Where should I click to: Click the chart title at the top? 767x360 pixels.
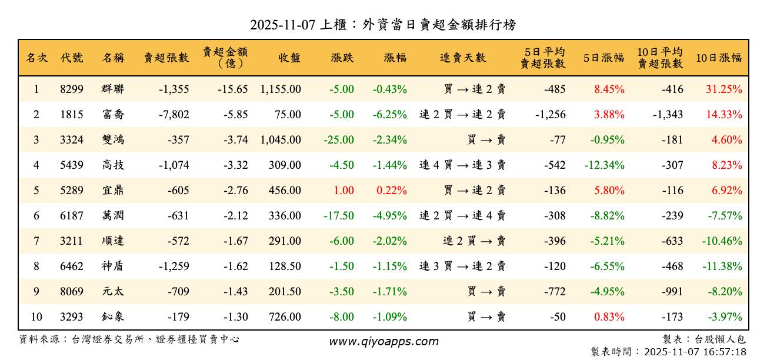click(x=383, y=25)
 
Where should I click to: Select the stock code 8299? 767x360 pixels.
click(x=72, y=89)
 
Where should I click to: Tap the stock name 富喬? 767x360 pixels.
click(x=113, y=115)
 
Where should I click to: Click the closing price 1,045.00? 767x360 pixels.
click(x=281, y=140)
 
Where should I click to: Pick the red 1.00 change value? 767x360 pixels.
click(x=344, y=191)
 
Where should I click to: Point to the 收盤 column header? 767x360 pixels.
click(x=289, y=58)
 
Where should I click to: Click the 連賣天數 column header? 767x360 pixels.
click(x=463, y=58)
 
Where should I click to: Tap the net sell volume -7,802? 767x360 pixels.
click(x=174, y=115)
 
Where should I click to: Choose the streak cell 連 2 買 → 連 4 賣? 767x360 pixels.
click(x=462, y=216)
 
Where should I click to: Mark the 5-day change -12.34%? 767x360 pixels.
click(x=604, y=165)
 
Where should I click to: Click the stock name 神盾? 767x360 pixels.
click(x=113, y=266)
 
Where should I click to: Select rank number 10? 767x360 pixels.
click(x=36, y=317)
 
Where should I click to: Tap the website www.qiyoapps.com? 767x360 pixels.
click(x=383, y=342)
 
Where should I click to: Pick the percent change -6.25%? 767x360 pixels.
click(x=389, y=115)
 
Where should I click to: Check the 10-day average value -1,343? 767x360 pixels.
click(x=668, y=115)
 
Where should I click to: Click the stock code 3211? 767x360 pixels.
click(x=72, y=241)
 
